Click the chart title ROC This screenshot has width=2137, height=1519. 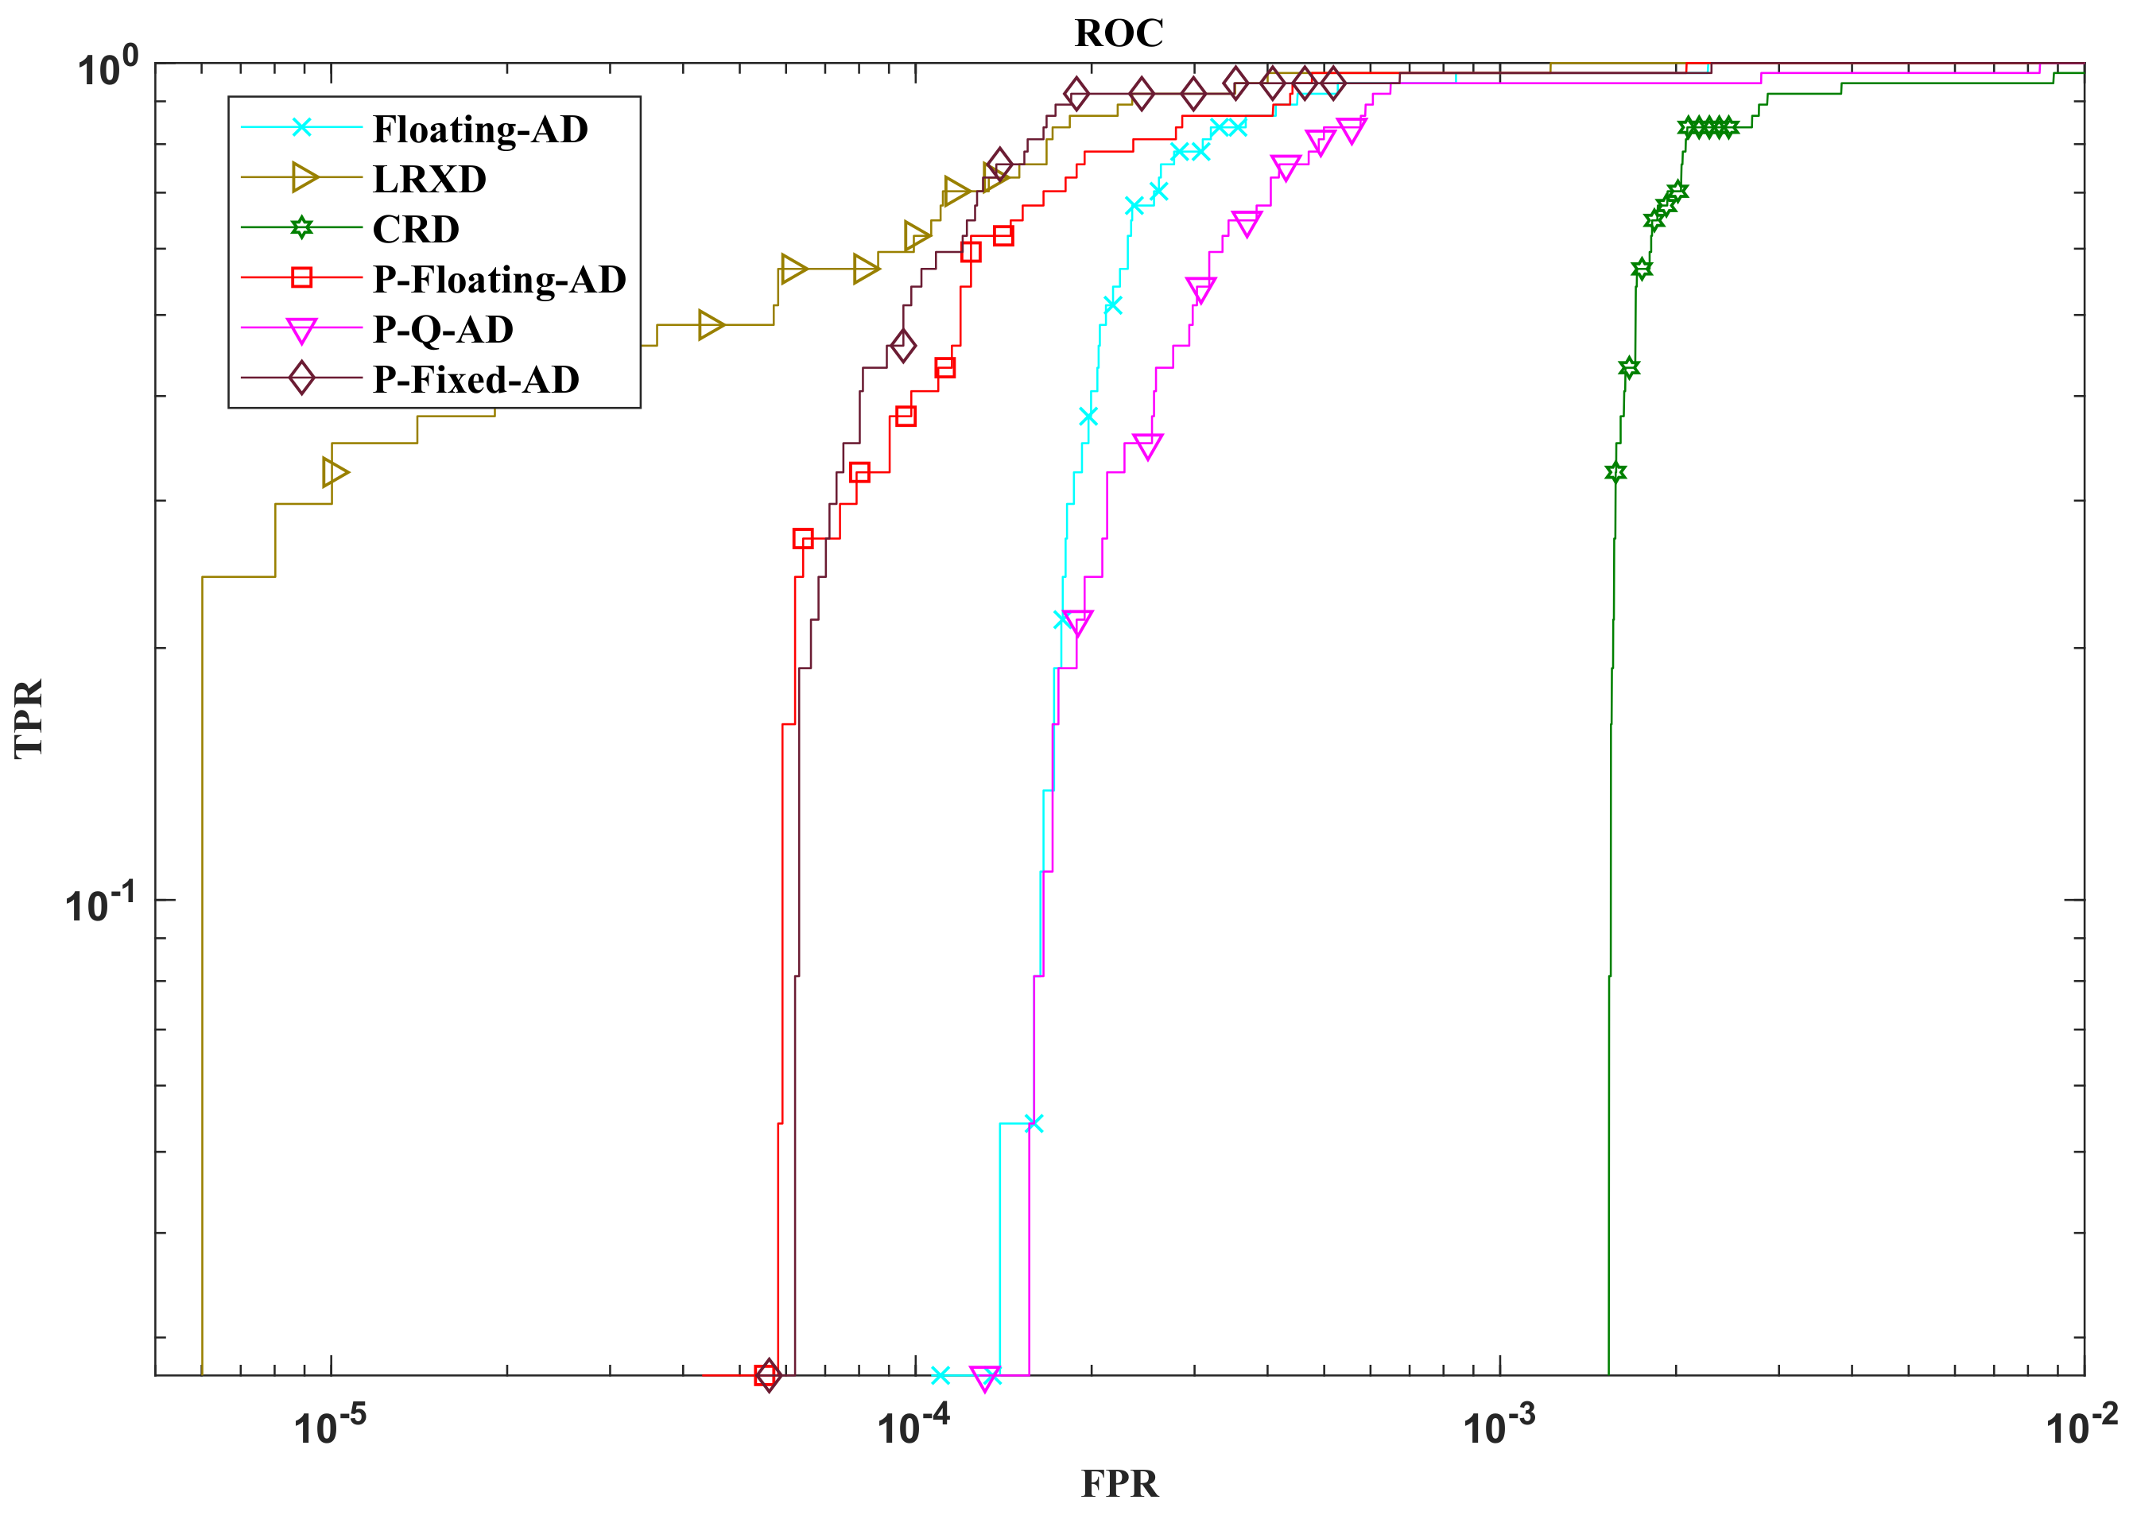[x=1119, y=33]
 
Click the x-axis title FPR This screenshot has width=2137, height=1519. [x=1119, y=1484]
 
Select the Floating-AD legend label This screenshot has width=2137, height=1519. [x=479, y=129]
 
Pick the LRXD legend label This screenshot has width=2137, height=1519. [x=429, y=179]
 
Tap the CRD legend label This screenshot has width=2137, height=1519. [x=415, y=229]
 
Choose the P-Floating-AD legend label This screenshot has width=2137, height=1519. [x=498, y=279]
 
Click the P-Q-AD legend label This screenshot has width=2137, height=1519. [x=442, y=329]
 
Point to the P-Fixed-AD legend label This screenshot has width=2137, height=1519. [x=475, y=379]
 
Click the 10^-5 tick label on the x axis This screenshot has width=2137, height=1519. [x=330, y=1427]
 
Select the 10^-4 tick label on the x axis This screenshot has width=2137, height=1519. [x=913, y=1427]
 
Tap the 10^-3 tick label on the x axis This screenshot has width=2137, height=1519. [x=1499, y=1427]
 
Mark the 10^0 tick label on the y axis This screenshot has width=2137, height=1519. [x=107, y=68]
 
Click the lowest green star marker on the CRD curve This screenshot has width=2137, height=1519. [x=1615, y=472]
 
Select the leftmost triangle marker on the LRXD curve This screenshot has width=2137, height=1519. [x=335, y=472]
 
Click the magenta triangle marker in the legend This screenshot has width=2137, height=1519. [x=301, y=330]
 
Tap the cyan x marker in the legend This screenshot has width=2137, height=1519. [x=301, y=127]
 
